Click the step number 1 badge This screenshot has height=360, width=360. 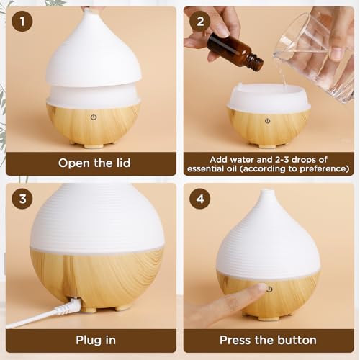click(x=23, y=22)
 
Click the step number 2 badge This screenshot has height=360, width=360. click(x=199, y=22)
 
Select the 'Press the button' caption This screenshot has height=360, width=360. click(x=268, y=340)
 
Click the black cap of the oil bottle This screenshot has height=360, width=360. click(x=253, y=63)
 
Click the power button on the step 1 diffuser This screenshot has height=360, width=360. click(x=94, y=117)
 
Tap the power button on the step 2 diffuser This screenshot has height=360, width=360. click(x=267, y=121)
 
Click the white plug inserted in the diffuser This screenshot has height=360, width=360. click(x=70, y=307)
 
